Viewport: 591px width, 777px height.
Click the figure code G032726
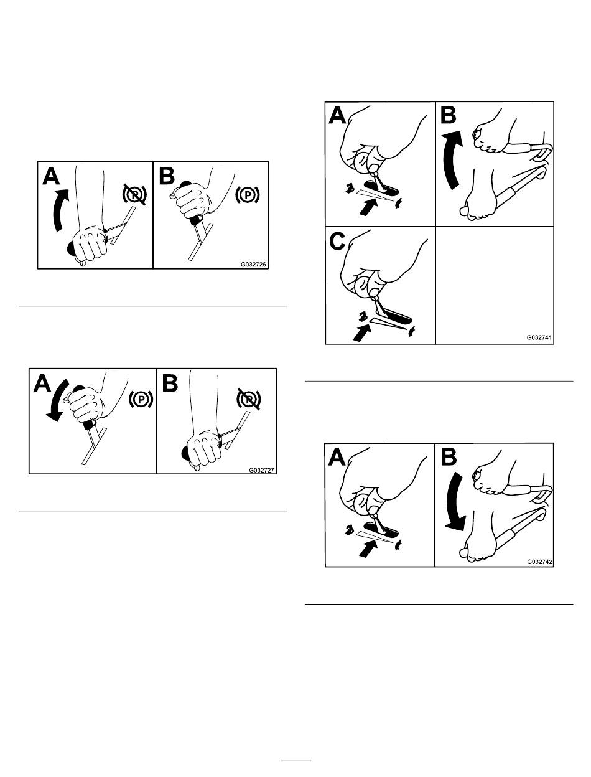tap(253, 265)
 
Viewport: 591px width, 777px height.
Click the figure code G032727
tap(261, 471)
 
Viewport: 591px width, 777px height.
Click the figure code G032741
tap(539, 337)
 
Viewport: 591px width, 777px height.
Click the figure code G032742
tap(540, 562)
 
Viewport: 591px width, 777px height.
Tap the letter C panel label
tap(337, 242)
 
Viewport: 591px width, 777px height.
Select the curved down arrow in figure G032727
tap(57, 399)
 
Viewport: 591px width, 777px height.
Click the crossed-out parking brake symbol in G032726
tap(134, 194)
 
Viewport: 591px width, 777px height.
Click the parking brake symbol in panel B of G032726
tap(248, 195)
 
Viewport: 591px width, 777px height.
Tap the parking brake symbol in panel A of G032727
tap(141, 399)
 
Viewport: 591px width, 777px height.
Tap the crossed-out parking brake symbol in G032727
tap(249, 399)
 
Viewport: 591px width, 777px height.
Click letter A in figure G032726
tap(51, 176)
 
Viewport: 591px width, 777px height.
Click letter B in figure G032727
tap(170, 383)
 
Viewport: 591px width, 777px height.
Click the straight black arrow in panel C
tap(362, 332)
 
